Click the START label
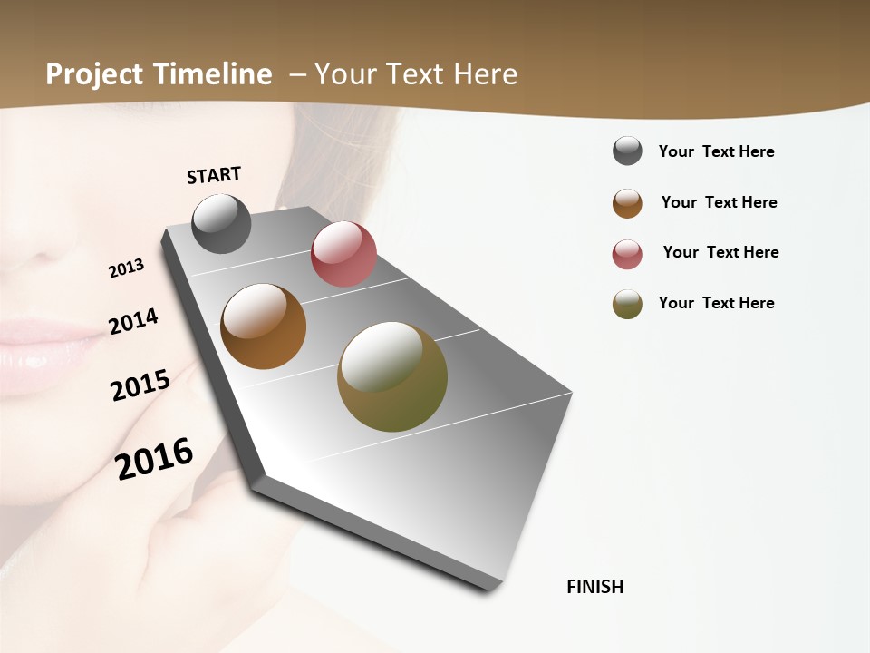tap(214, 175)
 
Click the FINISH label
tap(595, 587)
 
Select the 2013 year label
tap(126, 268)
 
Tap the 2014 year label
tap(133, 321)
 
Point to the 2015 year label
tap(140, 385)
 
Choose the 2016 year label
tap(154, 458)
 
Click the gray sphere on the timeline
tap(221, 223)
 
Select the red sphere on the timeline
tap(343, 254)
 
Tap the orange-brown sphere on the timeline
tap(263, 326)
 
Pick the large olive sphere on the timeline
tap(392, 376)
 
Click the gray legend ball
tap(627, 151)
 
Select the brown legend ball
tap(627, 203)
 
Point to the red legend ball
tap(627, 254)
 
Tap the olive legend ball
tap(627, 304)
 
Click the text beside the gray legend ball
tap(716, 151)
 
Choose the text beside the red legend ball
tap(720, 252)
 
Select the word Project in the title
tap(95, 74)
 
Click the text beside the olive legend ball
tap(716, 303)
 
